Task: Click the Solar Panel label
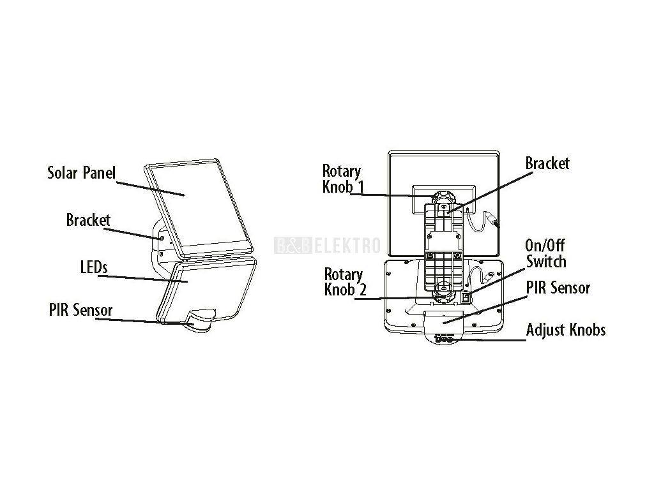81,173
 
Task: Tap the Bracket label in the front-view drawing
88,220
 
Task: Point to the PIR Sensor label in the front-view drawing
80,311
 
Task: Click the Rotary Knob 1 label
342,179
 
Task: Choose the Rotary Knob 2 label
344,281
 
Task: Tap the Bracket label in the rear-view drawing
547,163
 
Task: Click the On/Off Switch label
545,253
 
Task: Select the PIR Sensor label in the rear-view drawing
558,288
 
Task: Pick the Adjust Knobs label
566,330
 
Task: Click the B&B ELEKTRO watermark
327,245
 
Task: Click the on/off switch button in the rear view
466,296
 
